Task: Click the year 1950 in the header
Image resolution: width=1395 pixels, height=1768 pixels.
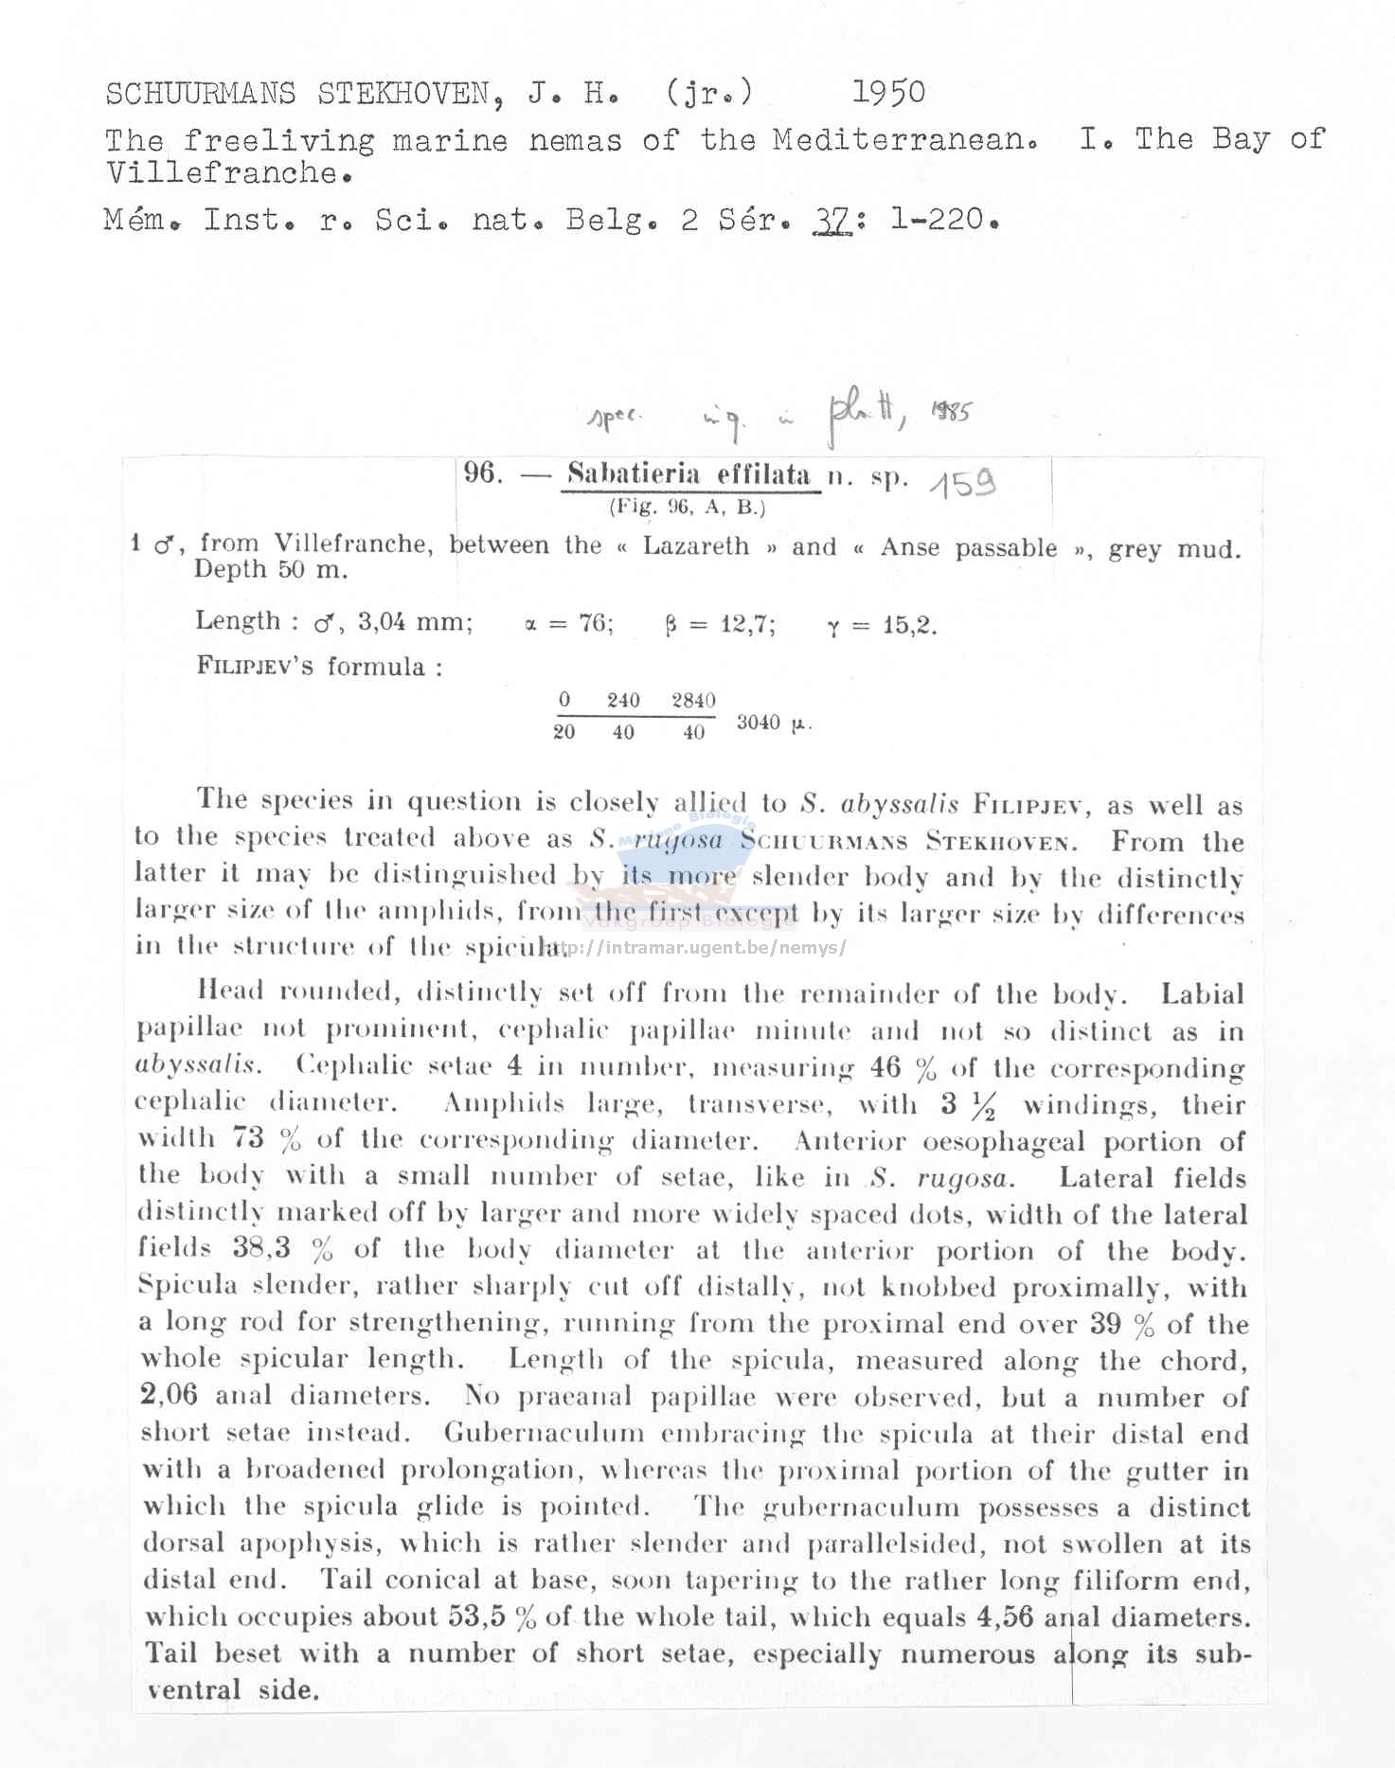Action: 888,92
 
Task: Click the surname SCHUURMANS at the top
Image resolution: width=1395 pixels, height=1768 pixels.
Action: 200,94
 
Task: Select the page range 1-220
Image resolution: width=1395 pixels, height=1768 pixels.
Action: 941,220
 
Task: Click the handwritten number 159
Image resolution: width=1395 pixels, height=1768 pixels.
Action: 962,484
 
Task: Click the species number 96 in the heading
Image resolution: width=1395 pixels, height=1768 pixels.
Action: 482,473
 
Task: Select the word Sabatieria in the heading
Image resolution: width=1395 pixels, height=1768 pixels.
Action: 633,473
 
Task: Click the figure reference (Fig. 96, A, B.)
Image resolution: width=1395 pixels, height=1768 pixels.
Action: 687,507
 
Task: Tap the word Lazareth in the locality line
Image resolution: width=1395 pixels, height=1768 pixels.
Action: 696,546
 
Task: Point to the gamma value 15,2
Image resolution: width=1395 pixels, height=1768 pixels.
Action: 909,625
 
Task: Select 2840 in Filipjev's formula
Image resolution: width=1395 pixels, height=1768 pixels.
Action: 693,700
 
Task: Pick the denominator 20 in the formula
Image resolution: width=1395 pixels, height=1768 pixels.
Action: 563,732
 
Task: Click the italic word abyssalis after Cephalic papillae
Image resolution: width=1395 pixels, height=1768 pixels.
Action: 196,1064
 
